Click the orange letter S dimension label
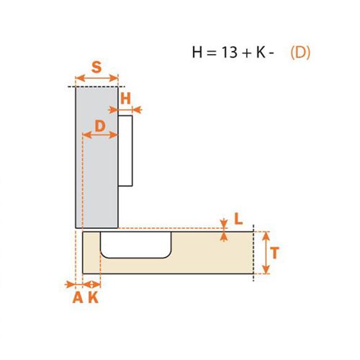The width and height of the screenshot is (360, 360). [x=96, y=67]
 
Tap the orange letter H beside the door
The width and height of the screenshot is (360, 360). [x=125, y=99]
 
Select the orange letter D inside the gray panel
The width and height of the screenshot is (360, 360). [x=100, y=126]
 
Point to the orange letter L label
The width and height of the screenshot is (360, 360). [x=238, y=219]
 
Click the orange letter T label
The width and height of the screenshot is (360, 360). [x=275, y=253]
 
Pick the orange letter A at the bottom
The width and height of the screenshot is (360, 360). [x=78, y=298]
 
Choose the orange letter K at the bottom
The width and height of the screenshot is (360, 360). [x=94, y=298]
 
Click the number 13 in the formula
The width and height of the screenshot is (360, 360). [x=230, y=52]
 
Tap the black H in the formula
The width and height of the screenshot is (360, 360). [x=197, y=52]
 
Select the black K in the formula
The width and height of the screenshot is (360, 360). [x=261, y=52]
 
